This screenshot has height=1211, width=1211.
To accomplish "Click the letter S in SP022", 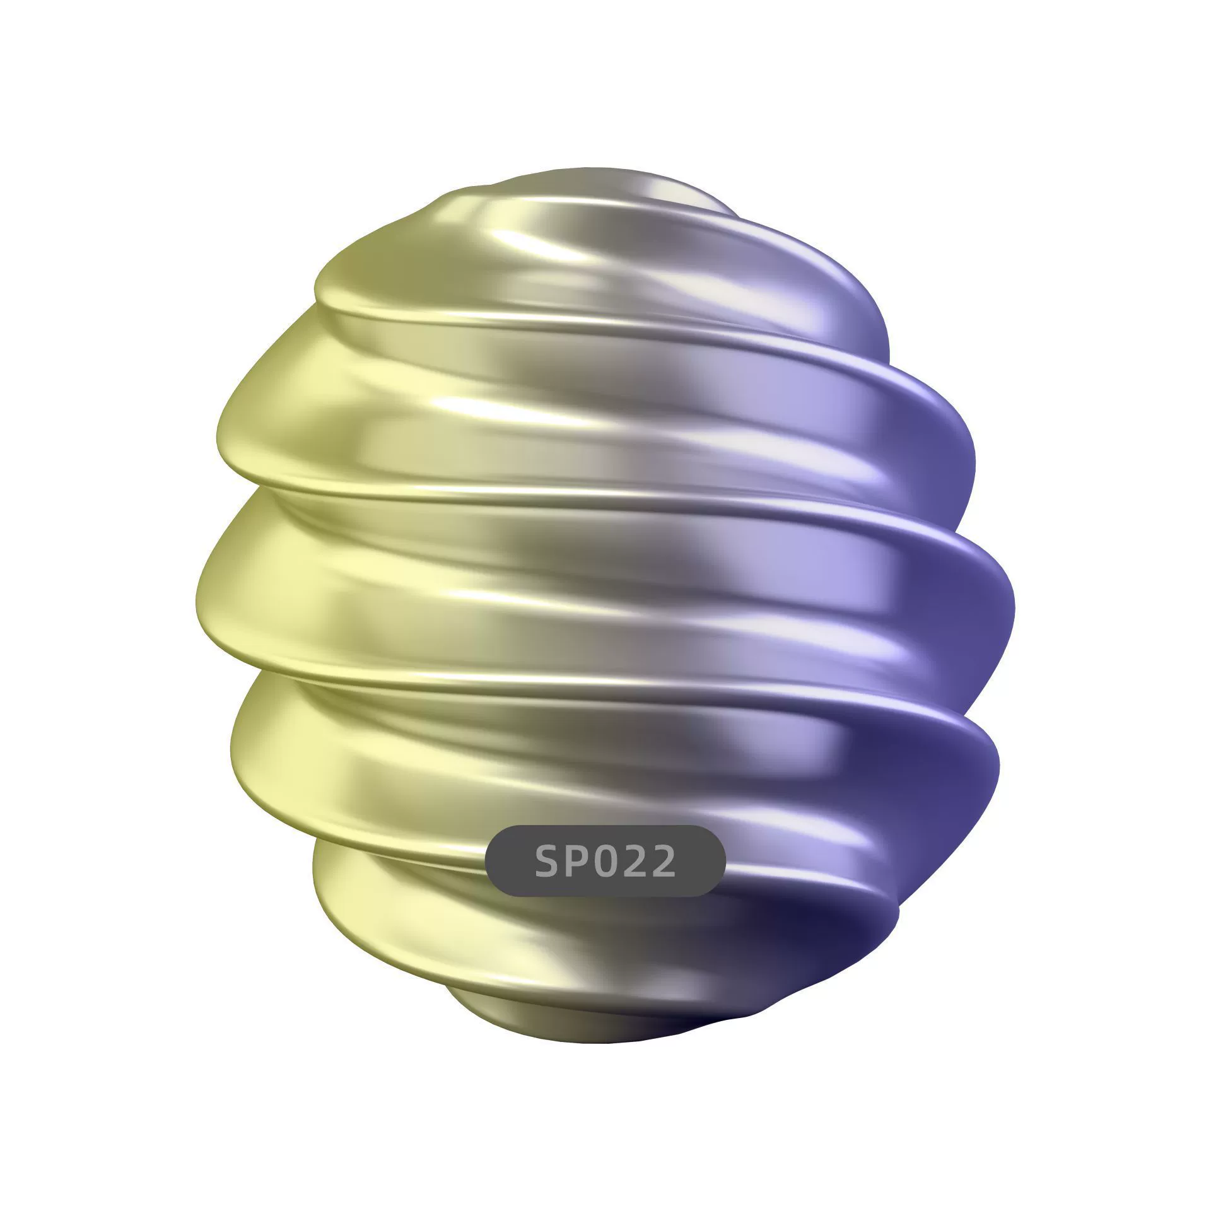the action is pos(549,861).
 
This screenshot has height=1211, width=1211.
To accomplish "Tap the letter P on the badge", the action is pos(578,861).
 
